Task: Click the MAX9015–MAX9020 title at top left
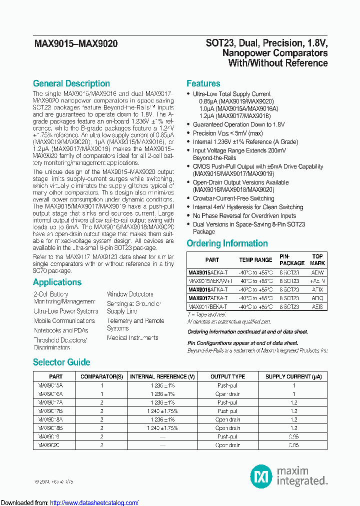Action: tap(76, 44)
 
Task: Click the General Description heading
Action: tap(71, 83)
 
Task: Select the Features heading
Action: tap(203, 83)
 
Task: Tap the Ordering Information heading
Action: tap(227, 243)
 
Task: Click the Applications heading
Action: tap(57, 282)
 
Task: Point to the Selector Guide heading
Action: tap(61, 362)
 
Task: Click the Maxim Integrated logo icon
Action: tap(259, 475)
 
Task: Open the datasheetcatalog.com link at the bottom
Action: tap(94, 502)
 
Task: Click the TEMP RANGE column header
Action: tap(255, 260)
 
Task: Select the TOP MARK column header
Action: tap(317, 259)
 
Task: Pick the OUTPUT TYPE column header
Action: tap(227, 376)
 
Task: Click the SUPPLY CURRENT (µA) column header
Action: tap(293, 376)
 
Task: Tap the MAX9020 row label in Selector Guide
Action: tap(49, 445)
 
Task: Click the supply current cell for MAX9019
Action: tap(293, 436)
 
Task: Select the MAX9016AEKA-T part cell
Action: tap(208, 289)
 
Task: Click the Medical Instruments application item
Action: tap(132, 338)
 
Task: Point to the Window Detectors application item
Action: tap(130, 294)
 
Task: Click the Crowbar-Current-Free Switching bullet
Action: tap(233, 198)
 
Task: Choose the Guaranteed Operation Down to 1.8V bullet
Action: tap(238, 124)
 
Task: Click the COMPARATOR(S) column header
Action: tap(101, 376)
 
